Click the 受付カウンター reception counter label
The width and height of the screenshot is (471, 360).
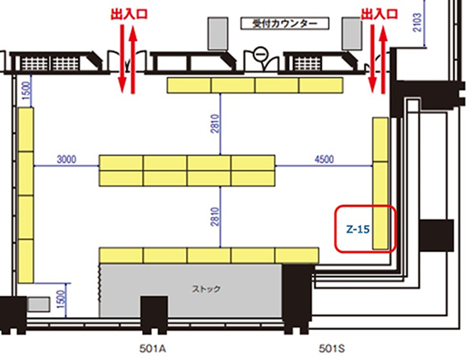(285, 23)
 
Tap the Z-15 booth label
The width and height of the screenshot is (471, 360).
(358, 230)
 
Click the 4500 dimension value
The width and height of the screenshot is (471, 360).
(324, 159)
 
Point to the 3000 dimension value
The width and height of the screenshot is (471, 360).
(67, 159)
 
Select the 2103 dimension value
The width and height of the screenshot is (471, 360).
(418, 22)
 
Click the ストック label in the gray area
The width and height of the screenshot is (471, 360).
(206, 289)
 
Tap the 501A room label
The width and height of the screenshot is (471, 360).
(152, 349)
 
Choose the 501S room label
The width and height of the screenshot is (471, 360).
(331, 349)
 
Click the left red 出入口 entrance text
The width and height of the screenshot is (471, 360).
(129, 14)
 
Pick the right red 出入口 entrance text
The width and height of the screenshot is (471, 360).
(379, 14)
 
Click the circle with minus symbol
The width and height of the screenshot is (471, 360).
(260, 54)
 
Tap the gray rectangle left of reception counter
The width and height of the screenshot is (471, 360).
(218, 33)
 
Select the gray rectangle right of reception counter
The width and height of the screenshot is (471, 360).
(352, 33)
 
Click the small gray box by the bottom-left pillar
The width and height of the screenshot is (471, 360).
(39, 304)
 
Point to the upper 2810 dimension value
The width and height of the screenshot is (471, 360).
(215, 123)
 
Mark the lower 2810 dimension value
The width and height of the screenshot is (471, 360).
(215, 217)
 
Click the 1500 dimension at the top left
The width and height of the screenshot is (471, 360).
(27, 91)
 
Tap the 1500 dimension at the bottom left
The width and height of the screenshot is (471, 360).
(61, 299)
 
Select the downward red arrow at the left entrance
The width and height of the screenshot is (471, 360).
(122, 59)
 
